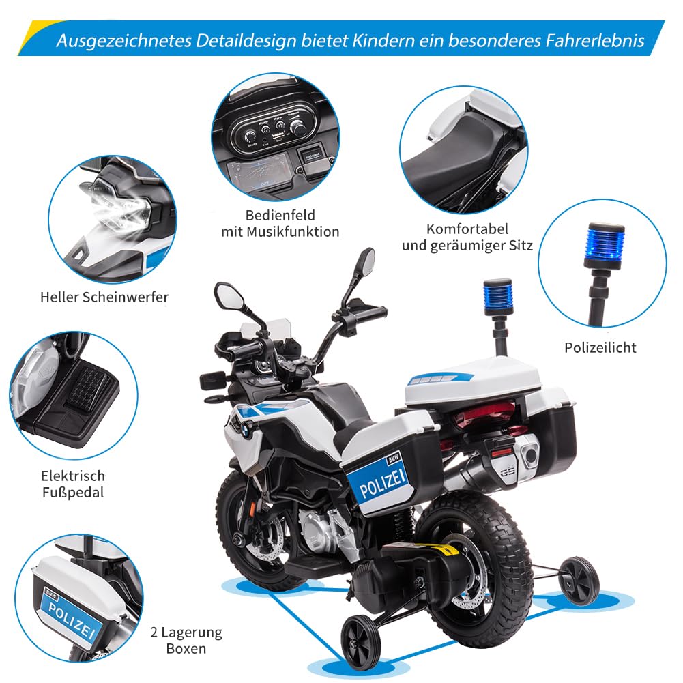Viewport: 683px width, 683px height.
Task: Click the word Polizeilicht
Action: click(x=600, y=347)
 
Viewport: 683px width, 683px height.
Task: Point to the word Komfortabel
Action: click(x=467, y=229)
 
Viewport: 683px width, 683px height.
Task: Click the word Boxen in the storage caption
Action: click(x=186, y=648)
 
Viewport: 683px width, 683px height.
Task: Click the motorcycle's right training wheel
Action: click(x=579, y=580)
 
